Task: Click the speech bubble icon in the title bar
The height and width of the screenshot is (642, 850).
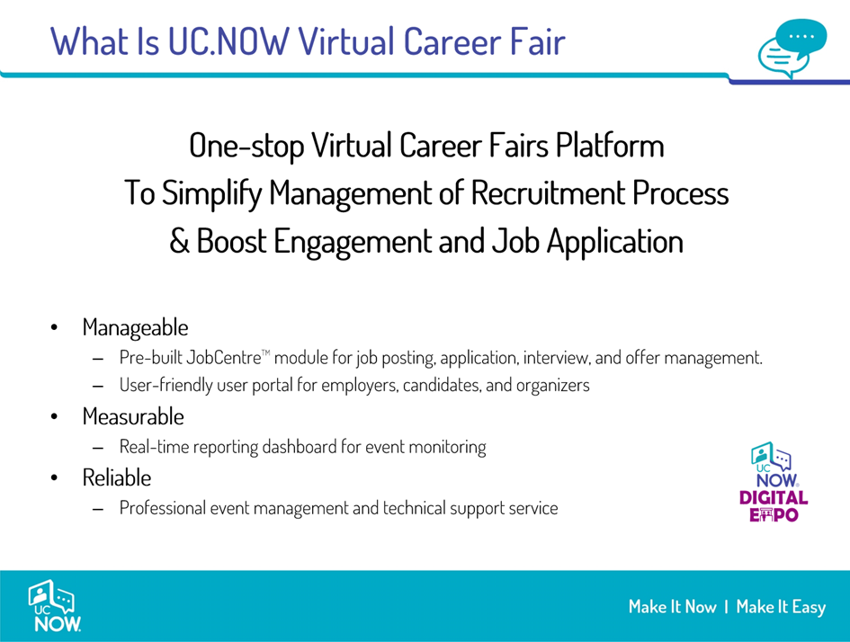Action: (792, 49)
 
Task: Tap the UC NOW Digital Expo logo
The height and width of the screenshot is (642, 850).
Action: (774, 482)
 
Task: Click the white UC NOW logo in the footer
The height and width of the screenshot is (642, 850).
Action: (54, 606)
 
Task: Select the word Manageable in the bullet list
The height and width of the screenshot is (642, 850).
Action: (136, 328)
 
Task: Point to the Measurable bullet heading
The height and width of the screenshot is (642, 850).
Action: (133, 416)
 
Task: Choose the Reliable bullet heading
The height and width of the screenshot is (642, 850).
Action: (117, 477)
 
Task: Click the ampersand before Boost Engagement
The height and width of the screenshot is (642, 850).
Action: (179, 241)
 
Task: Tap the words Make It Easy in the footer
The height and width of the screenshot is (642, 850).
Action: (781, 607)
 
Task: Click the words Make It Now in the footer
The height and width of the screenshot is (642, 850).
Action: (672, 607)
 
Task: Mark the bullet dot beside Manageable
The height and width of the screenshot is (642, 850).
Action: (54, 328)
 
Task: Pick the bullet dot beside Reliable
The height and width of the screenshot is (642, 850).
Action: (54, 477)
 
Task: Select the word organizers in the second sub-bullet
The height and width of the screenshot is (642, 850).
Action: (553, 385)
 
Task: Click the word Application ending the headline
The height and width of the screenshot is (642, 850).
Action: (614, 242)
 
